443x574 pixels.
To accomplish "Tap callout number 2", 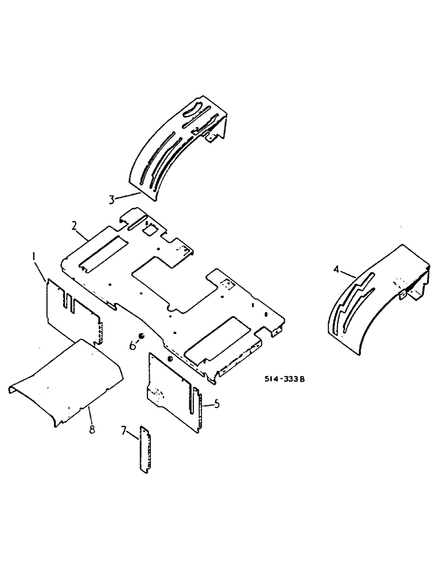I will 75,225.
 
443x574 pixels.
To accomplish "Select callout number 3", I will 112,199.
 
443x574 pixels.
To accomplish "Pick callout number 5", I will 216,405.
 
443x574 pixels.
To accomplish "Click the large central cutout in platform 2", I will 172,281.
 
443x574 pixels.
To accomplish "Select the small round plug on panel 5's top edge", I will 170,359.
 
